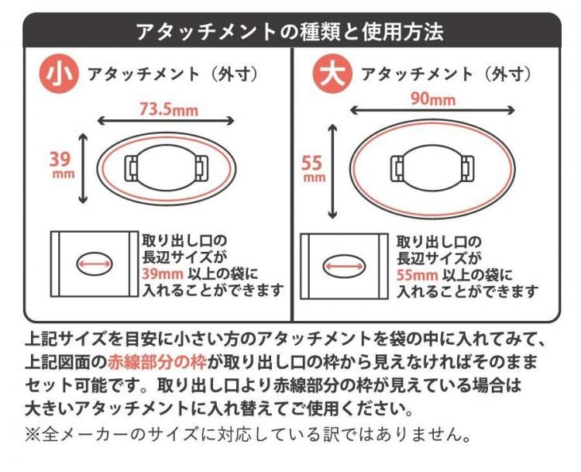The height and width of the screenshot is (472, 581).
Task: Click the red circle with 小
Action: pos(60,75)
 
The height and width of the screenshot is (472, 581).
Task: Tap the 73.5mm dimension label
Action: pos(169,110)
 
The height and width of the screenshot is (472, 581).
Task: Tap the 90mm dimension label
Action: pos(433,99)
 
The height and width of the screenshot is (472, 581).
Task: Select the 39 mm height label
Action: pos(62,164)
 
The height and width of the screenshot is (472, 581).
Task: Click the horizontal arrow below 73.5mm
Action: pos(166,121)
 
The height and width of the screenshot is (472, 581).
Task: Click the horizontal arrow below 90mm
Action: pos(432,110)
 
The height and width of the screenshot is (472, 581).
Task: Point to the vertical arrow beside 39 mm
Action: pos(83,168)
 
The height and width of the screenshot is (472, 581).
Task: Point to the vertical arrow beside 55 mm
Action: pos(333,171)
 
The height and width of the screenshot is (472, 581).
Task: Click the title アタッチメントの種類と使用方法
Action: pos(290,32)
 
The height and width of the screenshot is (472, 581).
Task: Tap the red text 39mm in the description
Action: pos(163,274)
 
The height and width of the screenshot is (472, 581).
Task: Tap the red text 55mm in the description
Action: pos(418,275)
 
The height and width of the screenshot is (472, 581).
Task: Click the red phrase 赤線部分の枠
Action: pos(157,362)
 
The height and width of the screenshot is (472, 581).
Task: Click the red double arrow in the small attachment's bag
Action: pos(94,264)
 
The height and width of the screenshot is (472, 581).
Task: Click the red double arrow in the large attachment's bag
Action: pos(343,266)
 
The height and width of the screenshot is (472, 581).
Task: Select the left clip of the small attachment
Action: pos(132,168)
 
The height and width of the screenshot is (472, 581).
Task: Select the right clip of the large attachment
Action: pos(467,169)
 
